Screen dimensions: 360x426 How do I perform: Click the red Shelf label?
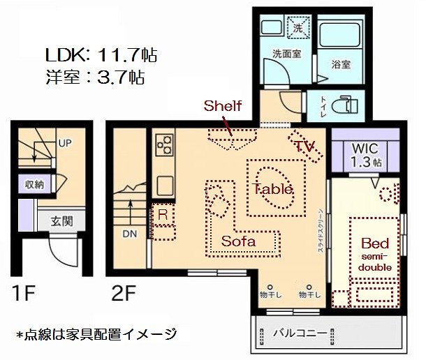[222, 106]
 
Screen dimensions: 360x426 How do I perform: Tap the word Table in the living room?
[273, 188]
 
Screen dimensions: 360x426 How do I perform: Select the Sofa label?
[239, 241]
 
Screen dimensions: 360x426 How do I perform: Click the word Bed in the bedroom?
[375, 243]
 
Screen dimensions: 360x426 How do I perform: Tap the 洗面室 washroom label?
[286, 54]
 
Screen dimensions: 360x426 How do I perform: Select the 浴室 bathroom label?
[340, 63]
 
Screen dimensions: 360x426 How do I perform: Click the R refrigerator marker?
[162, 214]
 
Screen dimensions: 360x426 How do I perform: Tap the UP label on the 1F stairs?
[64, 143]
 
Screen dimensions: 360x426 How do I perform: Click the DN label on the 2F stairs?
[130, 234]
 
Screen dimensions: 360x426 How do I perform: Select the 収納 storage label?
[35, 185]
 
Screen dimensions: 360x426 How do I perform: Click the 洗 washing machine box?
[298, 29]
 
